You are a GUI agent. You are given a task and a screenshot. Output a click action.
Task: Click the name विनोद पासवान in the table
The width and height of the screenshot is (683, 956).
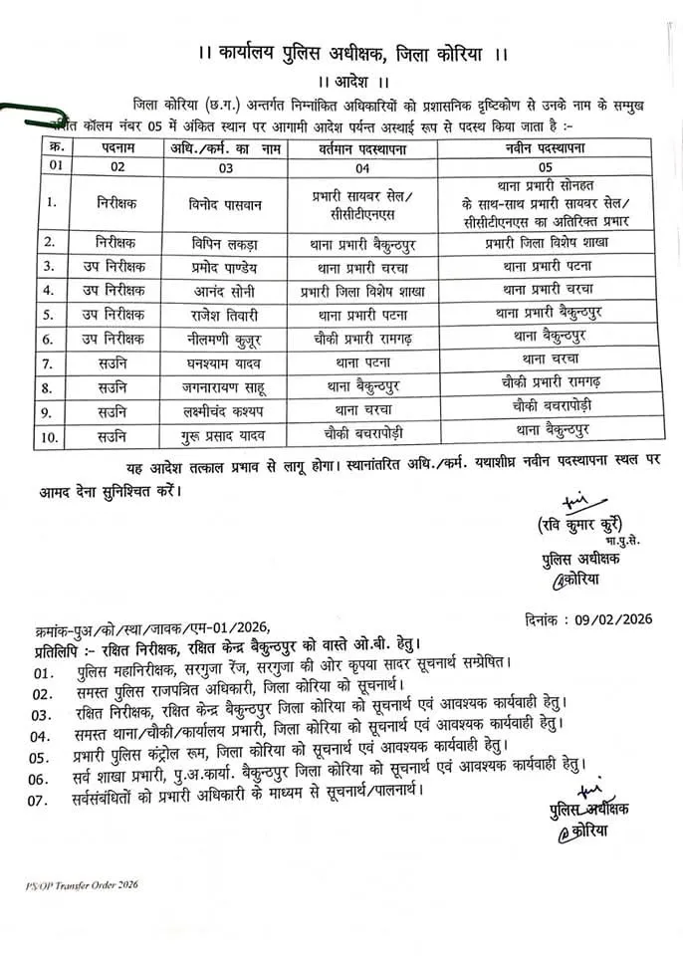pos(226,203)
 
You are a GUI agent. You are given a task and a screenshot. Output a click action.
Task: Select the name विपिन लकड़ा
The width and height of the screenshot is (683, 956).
pos(226,242)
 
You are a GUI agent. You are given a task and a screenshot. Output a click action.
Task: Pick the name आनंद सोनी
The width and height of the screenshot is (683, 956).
pos(226,290)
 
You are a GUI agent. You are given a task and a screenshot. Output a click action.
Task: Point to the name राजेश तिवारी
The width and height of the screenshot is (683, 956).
pos(226,314)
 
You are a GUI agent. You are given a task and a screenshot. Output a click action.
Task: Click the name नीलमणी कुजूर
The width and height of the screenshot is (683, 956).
pos(226,338)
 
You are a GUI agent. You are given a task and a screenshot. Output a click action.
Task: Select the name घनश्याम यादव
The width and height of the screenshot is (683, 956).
pos(226,360)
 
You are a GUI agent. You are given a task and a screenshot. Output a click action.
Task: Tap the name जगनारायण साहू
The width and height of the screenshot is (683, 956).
pos(226,383)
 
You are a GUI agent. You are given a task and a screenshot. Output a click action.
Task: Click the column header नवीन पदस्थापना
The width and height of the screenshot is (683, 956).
pos(545,147)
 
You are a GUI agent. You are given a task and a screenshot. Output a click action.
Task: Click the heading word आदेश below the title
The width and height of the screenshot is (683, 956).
pos(341,80)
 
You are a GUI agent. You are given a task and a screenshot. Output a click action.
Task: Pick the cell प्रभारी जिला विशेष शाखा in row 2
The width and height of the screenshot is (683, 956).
pos(545,242)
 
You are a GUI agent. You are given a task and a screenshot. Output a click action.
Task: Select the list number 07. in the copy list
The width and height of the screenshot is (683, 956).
pos(41,798)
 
